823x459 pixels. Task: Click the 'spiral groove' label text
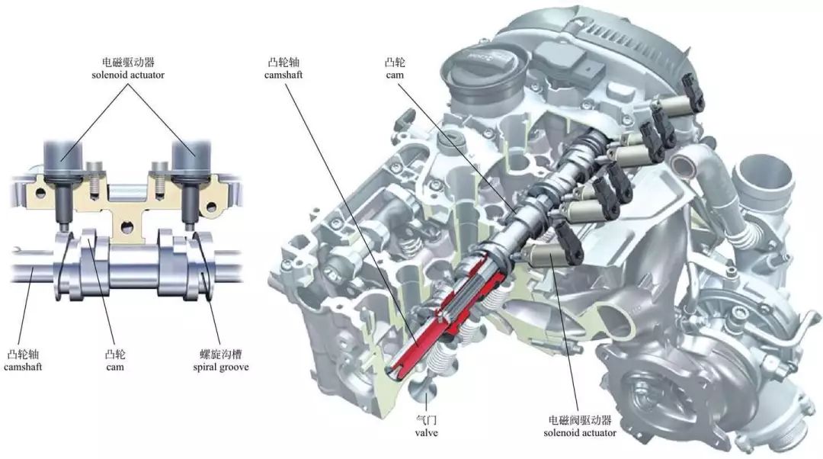[220, 367]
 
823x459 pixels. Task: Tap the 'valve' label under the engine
[426, 433]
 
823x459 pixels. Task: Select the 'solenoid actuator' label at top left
[128, 75]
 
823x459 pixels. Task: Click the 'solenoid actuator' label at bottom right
[580, 433]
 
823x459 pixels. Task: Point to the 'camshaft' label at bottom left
[23, 367]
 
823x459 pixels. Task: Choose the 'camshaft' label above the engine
[283, 75]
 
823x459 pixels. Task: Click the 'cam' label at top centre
[395, 75]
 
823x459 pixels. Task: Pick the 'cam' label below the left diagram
[115, 367]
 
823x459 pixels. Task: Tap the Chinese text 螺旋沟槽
[221, 354]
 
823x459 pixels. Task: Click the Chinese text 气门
[426, 420]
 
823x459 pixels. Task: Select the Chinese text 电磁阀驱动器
[580, 420]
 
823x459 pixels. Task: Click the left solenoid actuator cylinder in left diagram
[63, 159]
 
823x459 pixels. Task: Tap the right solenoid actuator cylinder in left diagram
[192, 159]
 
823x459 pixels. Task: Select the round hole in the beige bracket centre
[126, 228]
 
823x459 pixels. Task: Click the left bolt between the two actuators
[94, 178]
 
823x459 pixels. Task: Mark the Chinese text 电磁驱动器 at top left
[128, 62]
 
